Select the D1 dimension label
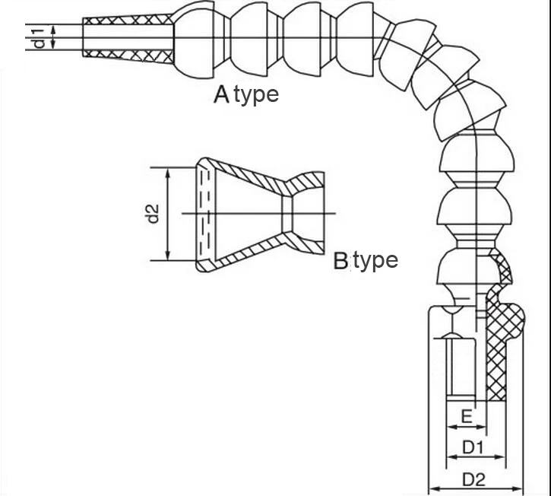pyautogui.click(x=473, y=447)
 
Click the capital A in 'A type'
pyautogui.click(x=221, y=94)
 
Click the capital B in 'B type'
pyautogui.click(x=340, y=262)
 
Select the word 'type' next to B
pyautogui.click(x=375, y=262)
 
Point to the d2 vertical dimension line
pyautogui.click(x=168, y=214)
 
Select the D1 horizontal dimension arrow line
pyautogui.click(x=475, y=457)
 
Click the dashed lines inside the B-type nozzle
pyautogui.click(x=203, y=214)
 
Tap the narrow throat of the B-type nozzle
pyautogui.click(x=287, y=214)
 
